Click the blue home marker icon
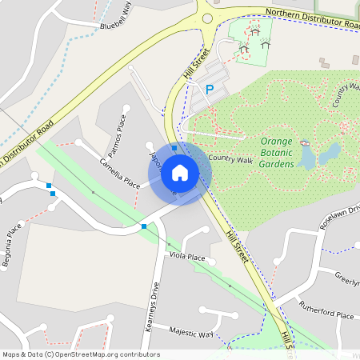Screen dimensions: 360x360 [x=180, y=172]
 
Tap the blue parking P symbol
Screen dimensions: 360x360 [x=210, y=90]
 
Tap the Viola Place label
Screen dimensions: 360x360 [x=187, y=257]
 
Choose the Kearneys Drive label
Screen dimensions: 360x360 [x=157, y=306]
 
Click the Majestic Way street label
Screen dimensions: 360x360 [x=191, y=333]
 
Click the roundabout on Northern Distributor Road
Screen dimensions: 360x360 [x=208, y=18]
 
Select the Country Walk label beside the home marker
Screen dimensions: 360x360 [x=230, y=159]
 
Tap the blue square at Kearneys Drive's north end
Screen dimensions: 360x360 [x=144, y=227]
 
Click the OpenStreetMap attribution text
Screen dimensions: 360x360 [x=80, y=354]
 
